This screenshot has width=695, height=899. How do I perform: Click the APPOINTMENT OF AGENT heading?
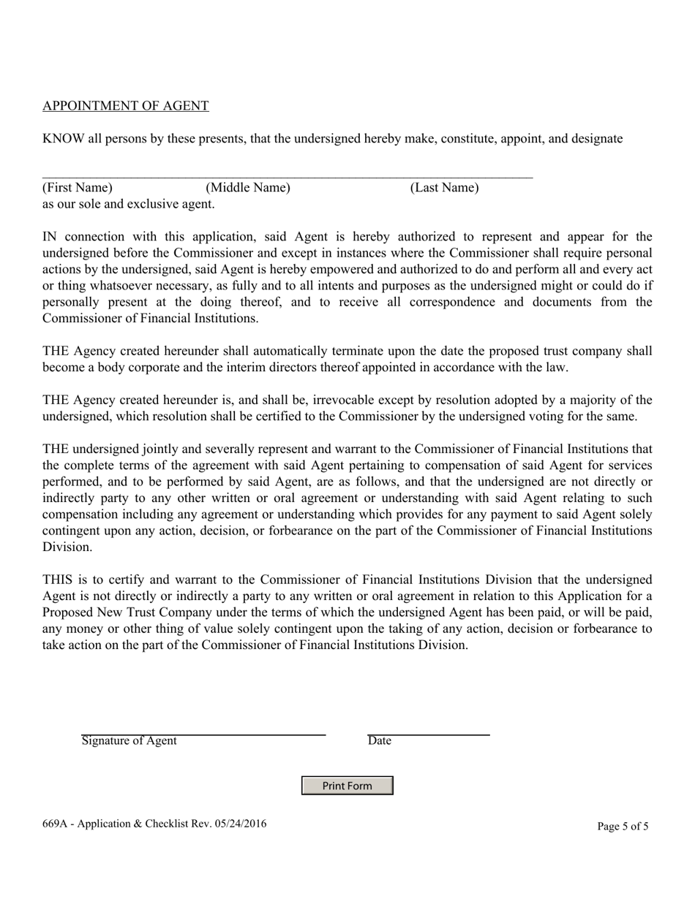(125, 106)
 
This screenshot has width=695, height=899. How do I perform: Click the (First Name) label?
(78, 188)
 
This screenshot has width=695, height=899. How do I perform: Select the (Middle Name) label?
(248, 188)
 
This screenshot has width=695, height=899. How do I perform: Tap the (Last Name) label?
(444, 188)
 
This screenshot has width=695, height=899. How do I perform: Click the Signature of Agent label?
(129, 741)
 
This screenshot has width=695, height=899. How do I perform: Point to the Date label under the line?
(379, 741)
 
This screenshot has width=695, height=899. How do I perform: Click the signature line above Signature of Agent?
(203, 734)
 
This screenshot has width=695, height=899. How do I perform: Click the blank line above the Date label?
(428, 734)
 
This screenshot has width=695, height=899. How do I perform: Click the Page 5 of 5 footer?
(622, 827)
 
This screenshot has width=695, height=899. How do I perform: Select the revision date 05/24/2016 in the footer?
(241, 824)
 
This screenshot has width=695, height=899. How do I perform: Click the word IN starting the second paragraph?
(50, 237)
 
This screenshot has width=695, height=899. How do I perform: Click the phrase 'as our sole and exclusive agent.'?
(128, 204)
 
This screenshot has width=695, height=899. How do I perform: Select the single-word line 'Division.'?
(67, 547)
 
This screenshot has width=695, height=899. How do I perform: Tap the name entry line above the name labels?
(287, 177)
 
